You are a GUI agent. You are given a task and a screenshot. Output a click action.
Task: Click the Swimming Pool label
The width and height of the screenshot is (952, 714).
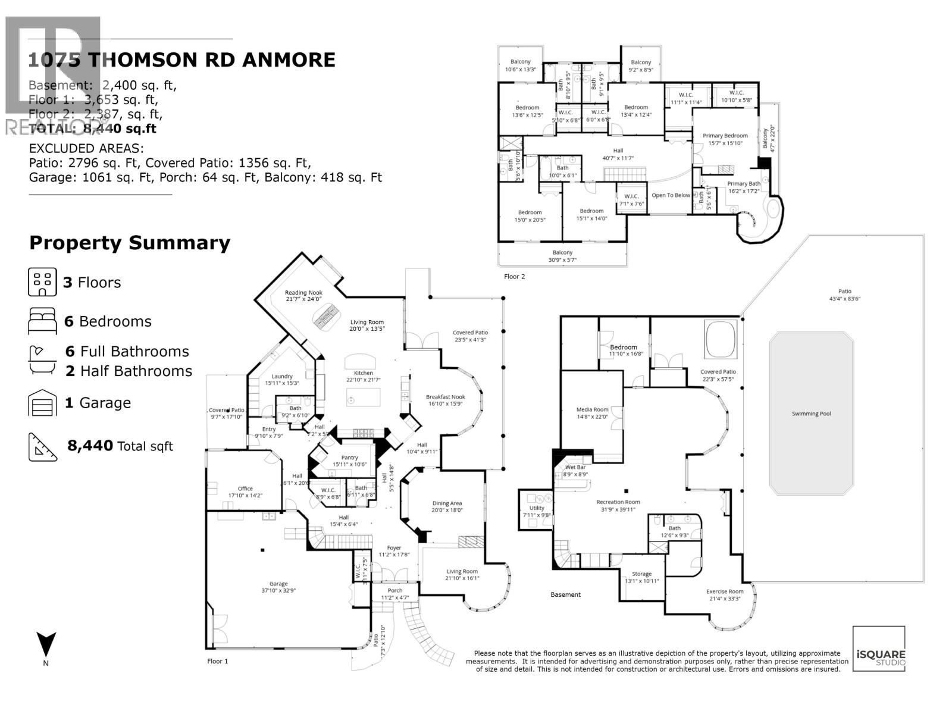(811, 414)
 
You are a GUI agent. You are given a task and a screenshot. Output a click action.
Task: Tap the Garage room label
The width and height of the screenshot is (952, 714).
(278, 584)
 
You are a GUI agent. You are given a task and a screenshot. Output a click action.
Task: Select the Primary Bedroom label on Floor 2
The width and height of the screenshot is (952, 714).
(725, 136)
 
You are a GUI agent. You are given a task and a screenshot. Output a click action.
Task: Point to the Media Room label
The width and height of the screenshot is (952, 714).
(592, 409)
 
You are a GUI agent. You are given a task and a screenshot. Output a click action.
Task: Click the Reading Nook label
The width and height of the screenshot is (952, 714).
(303, 293)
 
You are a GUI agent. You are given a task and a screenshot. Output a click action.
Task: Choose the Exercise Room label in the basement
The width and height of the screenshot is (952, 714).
(725, 591)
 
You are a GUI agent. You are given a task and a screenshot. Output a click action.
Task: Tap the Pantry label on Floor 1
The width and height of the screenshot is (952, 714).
(349, 458)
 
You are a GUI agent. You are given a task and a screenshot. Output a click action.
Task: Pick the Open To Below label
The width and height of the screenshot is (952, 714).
(671, 195)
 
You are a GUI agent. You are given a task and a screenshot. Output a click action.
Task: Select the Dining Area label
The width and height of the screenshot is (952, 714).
(447, 503)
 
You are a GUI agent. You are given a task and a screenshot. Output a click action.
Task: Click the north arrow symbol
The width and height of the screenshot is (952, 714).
(46, 645)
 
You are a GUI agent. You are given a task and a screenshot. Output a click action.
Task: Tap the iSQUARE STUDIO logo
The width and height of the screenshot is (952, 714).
(879, 649)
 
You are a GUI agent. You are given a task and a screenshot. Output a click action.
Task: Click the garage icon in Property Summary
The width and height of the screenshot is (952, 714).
(42, 403)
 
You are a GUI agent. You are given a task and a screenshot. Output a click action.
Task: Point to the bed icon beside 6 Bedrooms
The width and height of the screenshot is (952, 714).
(42, 321)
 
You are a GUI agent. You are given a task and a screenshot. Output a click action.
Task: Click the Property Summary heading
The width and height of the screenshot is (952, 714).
(130, 243)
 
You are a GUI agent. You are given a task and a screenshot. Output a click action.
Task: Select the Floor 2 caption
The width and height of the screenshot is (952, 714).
(515, 277)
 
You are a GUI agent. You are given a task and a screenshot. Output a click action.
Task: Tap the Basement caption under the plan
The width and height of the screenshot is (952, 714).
(565, 594)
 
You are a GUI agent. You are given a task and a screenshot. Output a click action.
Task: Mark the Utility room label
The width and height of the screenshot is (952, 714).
(537, 508)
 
